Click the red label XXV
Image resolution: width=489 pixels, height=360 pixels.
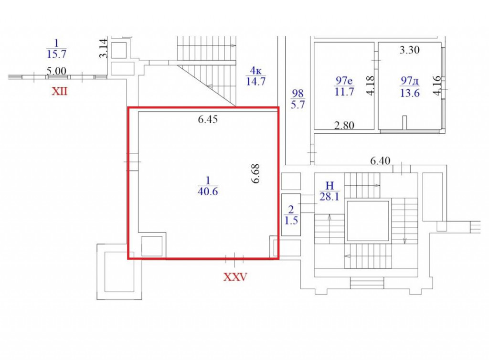click(x=235, y=276)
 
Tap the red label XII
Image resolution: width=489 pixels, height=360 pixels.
click(x=59, y=92)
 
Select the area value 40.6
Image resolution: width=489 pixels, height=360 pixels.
click(x=208, y=191)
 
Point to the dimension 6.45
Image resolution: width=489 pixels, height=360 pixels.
click(x=208, y=119)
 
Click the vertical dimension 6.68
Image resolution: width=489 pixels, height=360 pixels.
click(x=256, y=174)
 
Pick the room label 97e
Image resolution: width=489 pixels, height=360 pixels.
click(x=344, y=81)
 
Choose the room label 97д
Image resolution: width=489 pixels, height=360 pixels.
click(x=409, y=81)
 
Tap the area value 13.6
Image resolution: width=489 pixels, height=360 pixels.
click(x=410, y=93)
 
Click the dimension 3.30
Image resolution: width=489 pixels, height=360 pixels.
click(x=409, y=50)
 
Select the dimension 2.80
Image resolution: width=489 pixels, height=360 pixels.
click(x=344, y=125)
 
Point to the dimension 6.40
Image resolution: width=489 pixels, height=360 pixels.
click(x=380, y=161)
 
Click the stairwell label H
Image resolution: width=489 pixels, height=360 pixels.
click(x=330, y=186)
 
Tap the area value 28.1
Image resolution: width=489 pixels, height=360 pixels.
click(x=330, y=197)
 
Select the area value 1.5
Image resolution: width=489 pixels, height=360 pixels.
click(x=291, y=221)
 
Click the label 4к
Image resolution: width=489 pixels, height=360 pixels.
click(x=255, y=71)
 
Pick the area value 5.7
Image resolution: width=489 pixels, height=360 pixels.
click(x=298, y=105)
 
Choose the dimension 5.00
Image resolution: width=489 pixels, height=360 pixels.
click(x=56, y=71)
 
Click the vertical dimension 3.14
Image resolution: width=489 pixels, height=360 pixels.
click(x=104, y=48)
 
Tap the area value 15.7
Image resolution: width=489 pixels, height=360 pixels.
click(x=56, y=54)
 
